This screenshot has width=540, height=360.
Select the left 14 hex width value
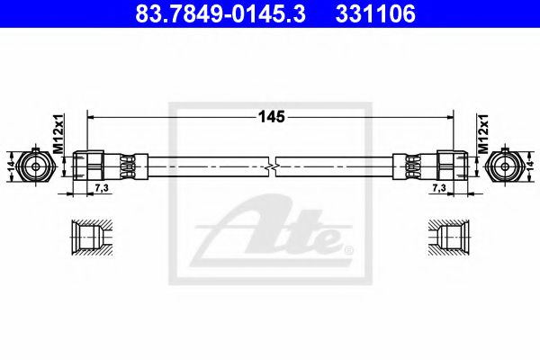(x=11, y=166)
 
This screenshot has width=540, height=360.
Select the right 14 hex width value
(x=528, y=166)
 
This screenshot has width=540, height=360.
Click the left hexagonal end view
(x=35, y=166)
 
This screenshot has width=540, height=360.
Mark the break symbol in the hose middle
(x=270, y=166)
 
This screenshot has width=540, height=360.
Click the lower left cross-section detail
(x=90, y=238)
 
